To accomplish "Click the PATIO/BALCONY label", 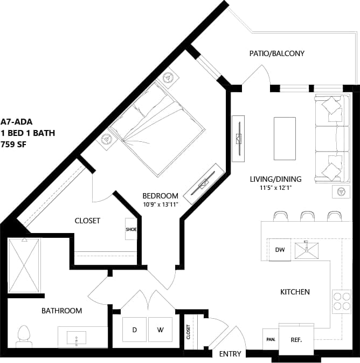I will point(276,53).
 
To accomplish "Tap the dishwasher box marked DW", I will point(280,250).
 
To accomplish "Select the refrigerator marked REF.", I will point(296,340).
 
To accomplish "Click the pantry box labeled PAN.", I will point(270,340).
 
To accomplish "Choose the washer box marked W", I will point(160,330).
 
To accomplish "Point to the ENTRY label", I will point(230,354).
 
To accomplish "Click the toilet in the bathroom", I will point(24,335).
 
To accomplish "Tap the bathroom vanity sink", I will point(77,339).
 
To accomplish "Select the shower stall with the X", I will point(24,266).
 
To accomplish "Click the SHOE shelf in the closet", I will point(131,229).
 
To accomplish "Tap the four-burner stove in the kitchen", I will point(341,301).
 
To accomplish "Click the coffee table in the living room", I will point(285,138).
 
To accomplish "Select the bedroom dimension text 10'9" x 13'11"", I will point(160,204).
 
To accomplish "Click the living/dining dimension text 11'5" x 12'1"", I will point(275,188).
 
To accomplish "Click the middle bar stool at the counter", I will point(307,216).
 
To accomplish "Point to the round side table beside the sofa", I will point(340,190).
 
